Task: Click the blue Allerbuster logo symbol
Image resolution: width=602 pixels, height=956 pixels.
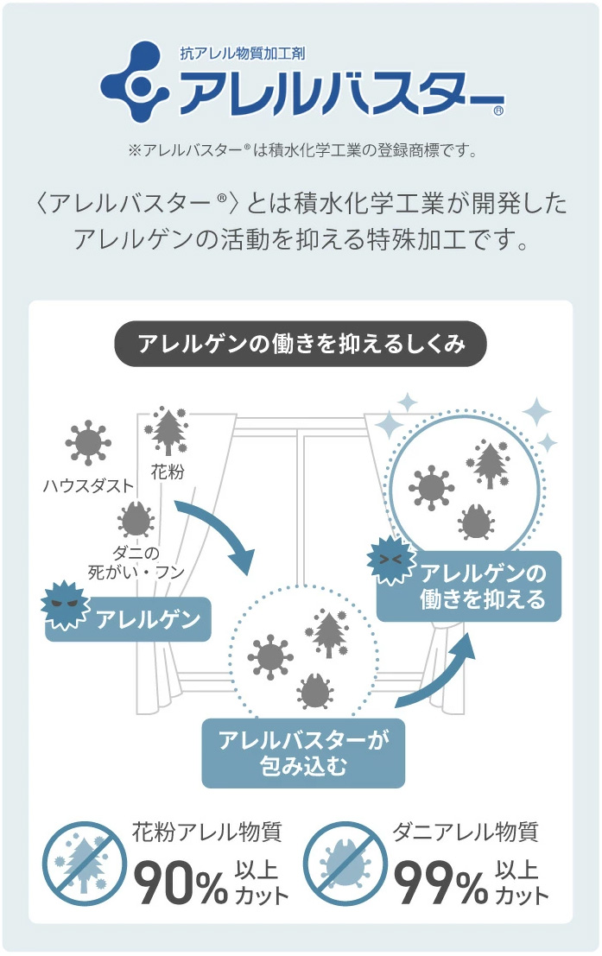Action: click(137, 83)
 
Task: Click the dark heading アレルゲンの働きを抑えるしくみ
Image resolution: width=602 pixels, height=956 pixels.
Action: click(301, 345)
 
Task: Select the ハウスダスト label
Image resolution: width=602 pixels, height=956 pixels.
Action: click(88, 485)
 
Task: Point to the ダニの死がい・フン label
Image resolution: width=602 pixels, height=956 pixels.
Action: click(136, 562)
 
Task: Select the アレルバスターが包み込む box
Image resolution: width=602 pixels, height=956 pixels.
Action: click(303, 751)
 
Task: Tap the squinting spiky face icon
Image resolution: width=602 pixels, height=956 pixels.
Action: click(390, 560)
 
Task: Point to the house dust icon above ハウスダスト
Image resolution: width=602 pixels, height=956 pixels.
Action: click(87, 443)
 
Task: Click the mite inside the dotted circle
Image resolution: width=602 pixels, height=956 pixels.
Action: click(315, 691)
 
